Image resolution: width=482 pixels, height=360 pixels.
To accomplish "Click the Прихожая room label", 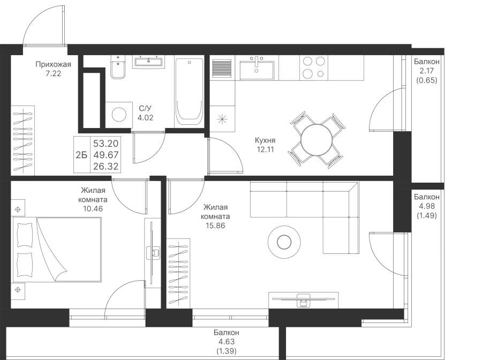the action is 53,64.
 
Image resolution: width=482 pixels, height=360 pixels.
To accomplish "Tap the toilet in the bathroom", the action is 118,68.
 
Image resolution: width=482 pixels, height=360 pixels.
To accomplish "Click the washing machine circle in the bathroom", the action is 119,115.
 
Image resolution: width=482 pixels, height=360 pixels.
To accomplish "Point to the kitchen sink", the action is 257,68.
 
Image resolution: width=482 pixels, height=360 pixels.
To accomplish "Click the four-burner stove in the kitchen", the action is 314,68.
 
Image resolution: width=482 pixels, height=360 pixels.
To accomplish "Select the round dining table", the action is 317,140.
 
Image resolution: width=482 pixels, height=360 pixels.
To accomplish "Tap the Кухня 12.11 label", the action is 265,145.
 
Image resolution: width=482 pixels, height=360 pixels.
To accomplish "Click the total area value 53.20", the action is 106,144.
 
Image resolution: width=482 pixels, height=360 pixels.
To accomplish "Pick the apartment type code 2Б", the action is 81,155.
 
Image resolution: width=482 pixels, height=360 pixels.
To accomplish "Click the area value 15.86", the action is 215,226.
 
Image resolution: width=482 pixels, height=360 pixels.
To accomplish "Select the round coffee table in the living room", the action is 284,242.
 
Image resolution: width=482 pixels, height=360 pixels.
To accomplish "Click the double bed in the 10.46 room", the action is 57,249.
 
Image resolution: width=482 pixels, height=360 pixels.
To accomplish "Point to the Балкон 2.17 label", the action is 427,66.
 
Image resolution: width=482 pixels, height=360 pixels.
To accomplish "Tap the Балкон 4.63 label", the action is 227,337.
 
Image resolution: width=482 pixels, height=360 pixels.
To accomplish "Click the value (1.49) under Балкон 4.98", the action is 427,216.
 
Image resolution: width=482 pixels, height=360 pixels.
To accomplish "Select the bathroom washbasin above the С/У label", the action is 148,62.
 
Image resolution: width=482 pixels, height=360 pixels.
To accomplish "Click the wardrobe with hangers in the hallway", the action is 23,140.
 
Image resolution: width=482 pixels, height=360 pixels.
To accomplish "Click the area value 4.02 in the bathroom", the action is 145,118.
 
